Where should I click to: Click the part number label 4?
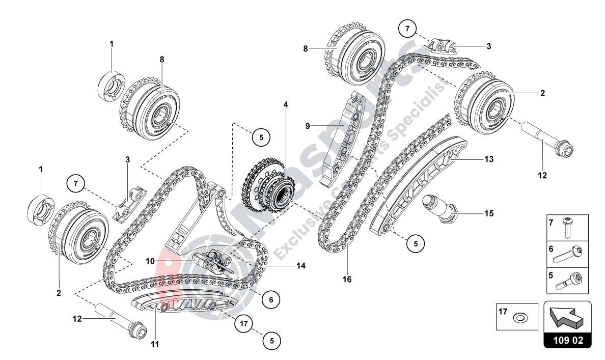pyautogui.click(x=286, y=105)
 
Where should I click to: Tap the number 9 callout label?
pyautogui.click(x=308, y=125)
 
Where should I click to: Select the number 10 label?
pyautogui.click(x=150, y=261)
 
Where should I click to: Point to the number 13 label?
pyautogui.click(x=489, y=159)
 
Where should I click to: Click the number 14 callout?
pyautogui.click(x=301, y=266)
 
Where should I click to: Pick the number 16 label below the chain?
pyautogui.click(x=347, y=279)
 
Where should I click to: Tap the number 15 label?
pyautogui.click(x=489, y=214)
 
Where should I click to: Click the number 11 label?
pyautogui.click(x=155, y=345)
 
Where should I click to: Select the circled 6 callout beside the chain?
pyautogui.click(x=271, y=300)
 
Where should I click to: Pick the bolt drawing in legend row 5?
pyautogui.click(x=566, y=280)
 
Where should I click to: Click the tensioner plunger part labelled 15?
pyautogui.click(x=439, y=208)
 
